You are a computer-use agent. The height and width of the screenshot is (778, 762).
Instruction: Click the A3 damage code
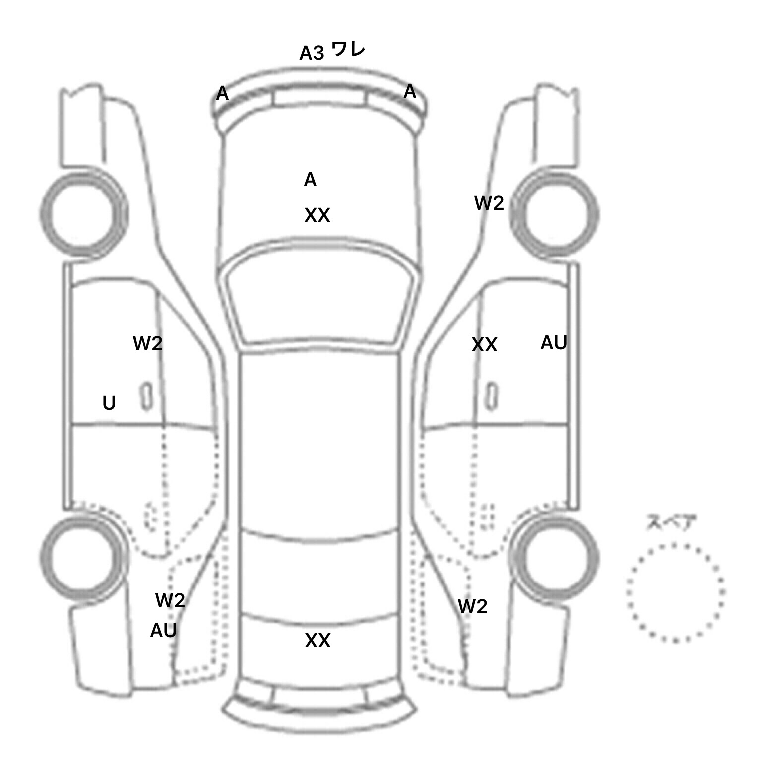pos(312,53)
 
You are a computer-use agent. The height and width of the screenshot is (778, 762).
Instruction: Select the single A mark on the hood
pos(310,180)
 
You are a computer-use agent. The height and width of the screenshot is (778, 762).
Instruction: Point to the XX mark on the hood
pos(317,215)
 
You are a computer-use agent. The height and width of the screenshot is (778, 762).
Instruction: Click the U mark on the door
pos(109,403)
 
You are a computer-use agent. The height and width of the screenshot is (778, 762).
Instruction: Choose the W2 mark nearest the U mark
pos(148,343)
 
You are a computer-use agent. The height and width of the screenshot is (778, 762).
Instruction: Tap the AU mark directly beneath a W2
pos(163,631)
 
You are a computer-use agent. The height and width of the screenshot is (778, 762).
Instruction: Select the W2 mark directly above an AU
pos(170,601)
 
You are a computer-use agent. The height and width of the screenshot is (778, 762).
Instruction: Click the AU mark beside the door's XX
pos(554,343)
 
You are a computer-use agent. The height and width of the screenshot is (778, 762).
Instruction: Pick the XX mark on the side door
pos(484,345)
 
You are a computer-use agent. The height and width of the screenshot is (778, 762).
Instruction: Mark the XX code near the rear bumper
pos(317,641)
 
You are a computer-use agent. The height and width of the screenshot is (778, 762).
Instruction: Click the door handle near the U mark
pos(146,396)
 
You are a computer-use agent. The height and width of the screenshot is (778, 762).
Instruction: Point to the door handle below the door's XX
pos(493,397)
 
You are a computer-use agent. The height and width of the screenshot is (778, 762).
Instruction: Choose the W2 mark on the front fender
pos(489,203)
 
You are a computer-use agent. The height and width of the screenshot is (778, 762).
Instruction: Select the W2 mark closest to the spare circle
pos(473,606)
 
